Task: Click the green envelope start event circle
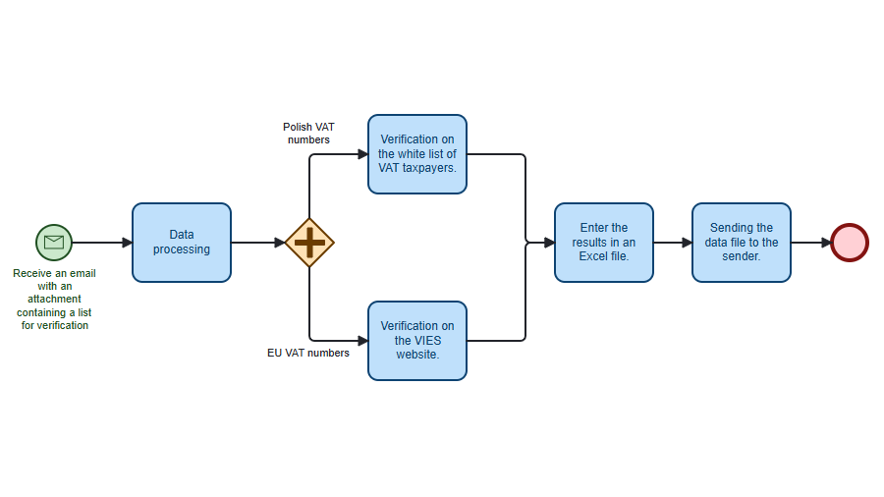[x=54, y=243]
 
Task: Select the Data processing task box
[x=182, y=243]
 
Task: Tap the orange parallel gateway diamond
[x=309, y=243]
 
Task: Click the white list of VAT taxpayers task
[x=417, y=154]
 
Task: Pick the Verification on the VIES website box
[x=417, y=341]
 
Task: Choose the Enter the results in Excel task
[x=604, y=243]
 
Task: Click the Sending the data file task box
[x=742, y=243]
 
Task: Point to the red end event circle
[x=850, y=243]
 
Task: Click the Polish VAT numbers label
[x=308, y=134]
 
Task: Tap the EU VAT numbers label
[x=308, y=353]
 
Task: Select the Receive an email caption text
[x=54, y=299]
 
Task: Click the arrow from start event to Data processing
[x=102, y=243]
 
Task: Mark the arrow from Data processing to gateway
[x=257, y=243]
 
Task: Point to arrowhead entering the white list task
[x=362, y=154]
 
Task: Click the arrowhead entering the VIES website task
[x=362, y=341]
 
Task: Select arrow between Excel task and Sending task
[x=673, y=243]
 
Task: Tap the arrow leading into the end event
[x=810, y=243]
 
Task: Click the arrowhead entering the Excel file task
[x=549, y=243]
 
